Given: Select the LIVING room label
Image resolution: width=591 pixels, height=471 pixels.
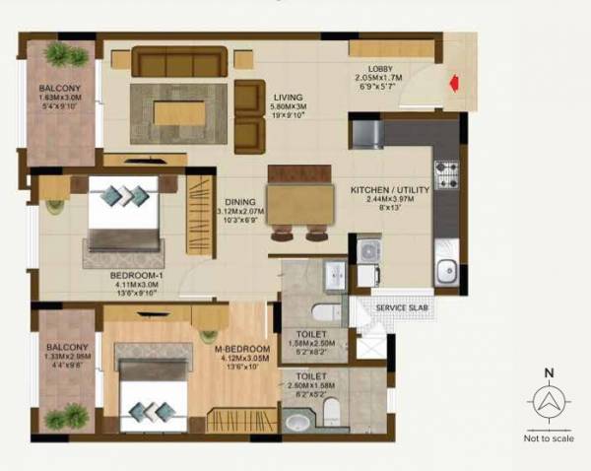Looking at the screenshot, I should point(290,98).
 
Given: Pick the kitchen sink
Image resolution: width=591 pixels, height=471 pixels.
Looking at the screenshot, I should point(445,268).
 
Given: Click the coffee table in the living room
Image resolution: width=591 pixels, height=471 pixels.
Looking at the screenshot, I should point(179,112).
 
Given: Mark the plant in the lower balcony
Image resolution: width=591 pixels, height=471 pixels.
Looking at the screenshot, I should point(67,416).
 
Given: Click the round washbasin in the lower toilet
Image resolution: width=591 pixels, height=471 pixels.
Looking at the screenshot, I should point(295,422).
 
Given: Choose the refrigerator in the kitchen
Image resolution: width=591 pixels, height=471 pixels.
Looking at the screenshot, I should point(366,132).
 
